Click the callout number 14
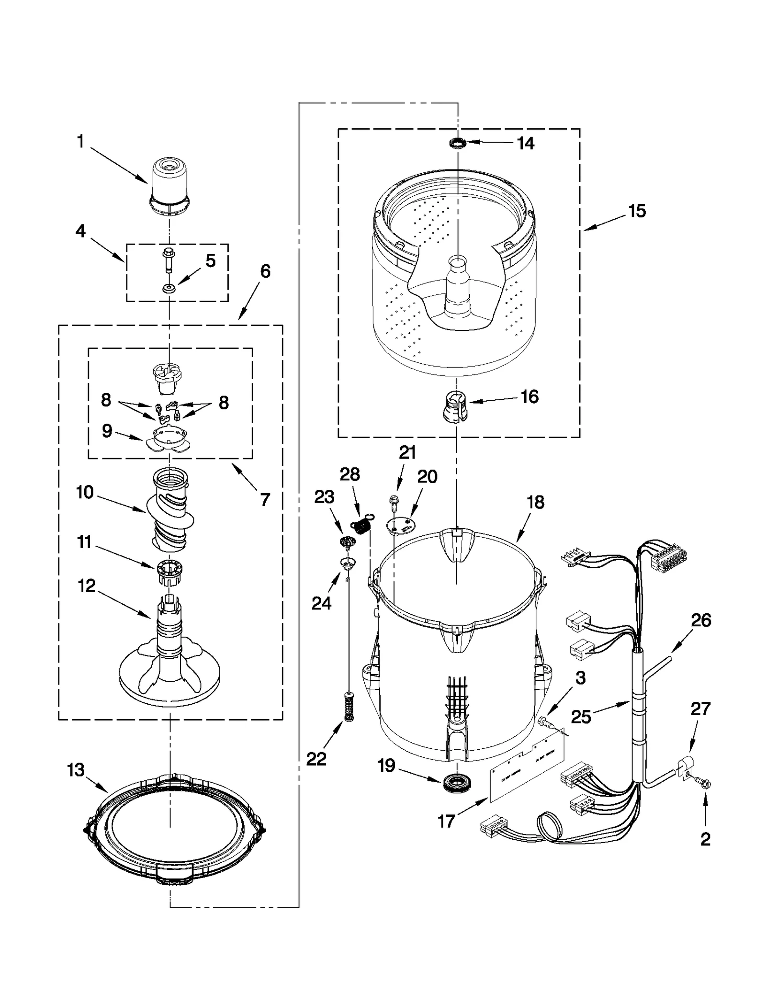(x=525, y=143)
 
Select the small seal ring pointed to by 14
(x=458, y=143)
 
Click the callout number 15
(x=637, y=211)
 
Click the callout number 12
(x=87, y=586)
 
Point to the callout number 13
(x=76, y=770)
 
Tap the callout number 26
(x=701, y=620)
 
